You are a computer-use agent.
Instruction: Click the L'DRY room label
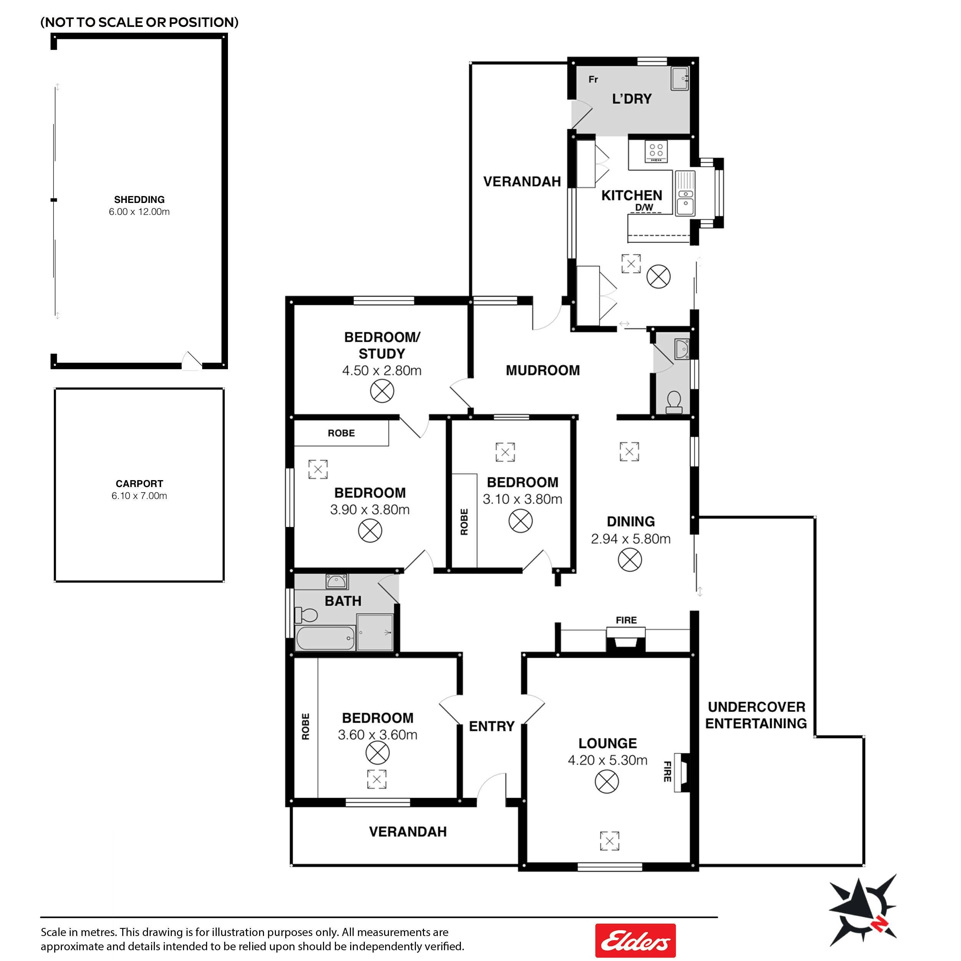tap(632, 99)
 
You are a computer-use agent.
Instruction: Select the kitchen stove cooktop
tap(657, 151)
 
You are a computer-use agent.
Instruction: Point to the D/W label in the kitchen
tap(644, 208)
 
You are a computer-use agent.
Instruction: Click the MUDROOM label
tap(543, 371)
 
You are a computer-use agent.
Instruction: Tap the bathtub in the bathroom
tap(325, 638)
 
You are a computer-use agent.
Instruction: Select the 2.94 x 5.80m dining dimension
tap(631, 539)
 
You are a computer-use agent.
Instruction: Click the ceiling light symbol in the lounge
tap(607, 781)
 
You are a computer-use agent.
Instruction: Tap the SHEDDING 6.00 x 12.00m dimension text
tap(139, 212)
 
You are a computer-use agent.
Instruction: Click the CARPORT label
tap(139, 484)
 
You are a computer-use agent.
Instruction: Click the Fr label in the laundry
tap(593, 80)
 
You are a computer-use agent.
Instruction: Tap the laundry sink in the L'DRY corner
tap(680, 78)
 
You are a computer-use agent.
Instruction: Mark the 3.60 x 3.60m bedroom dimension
tap(377, 735)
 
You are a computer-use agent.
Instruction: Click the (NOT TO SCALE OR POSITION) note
tap(139, 22)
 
